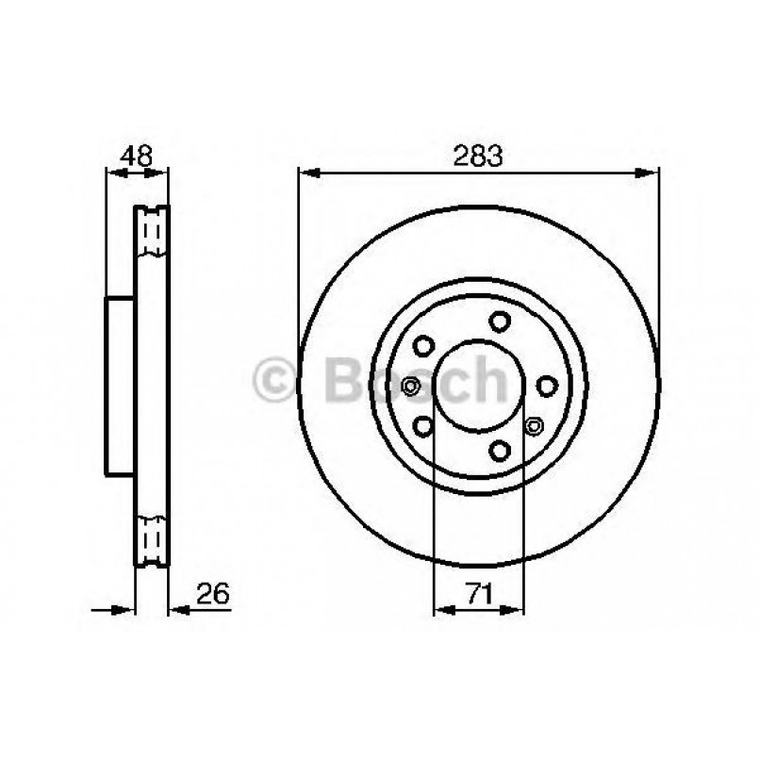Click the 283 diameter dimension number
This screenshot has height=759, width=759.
coord(478,157)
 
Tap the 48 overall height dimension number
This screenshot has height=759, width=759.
coord(138,157)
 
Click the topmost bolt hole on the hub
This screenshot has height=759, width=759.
coord(499,322)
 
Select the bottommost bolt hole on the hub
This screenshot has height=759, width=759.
coord(501,449)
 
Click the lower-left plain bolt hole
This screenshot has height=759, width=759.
coord(423,427)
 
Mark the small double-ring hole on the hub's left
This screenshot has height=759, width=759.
coord(410,386)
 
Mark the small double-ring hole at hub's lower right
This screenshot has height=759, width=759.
coord(534,426)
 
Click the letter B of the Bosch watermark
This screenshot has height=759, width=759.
coord(342,380)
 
